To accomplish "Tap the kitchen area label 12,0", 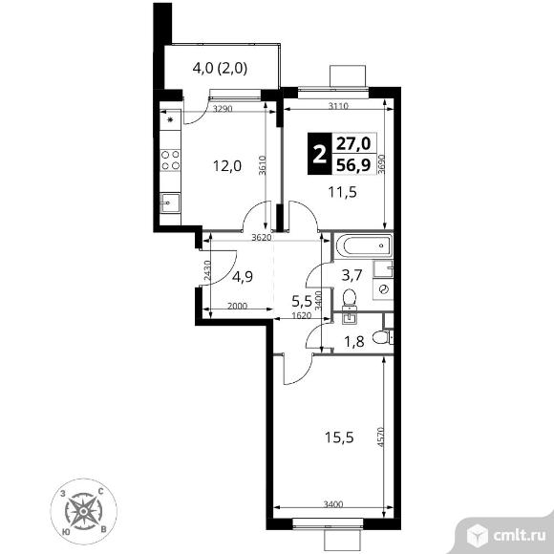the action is (x=227, y=165).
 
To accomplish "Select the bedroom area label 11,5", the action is (x=342, y=192).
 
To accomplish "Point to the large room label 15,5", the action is (x=339, y=437).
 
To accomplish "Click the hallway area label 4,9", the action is (x=243, y=277).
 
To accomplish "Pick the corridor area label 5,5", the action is (x=302, y=302).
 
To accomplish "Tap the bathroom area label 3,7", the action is (x=352, y=275).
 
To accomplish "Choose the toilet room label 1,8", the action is (x=354, y=342).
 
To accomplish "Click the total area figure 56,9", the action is (x=353, y=164).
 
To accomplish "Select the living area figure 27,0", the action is (x=353, y=144).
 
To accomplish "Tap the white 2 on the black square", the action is (x=319, y=155).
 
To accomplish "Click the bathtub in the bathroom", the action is (x=364, y=245).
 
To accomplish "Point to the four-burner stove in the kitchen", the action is (x=170, y=160).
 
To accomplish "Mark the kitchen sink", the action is (x=170, y=202).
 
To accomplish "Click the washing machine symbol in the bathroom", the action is (x=383, y=289).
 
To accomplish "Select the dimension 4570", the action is (x=380, y=437).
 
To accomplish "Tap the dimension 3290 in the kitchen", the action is (x=223, y=109).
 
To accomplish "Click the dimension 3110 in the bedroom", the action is (x=338, y=106).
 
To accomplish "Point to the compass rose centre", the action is (x=83, y=511).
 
